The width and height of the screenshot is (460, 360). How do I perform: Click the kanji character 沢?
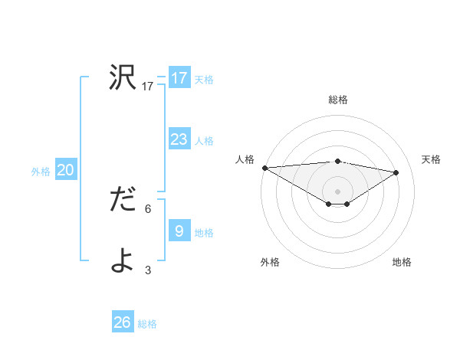(123, 77)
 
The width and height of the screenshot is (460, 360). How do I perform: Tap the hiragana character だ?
(123, 200)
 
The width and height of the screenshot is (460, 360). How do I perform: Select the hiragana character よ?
(123, 261)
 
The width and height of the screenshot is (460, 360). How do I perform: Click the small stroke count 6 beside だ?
(148, 208)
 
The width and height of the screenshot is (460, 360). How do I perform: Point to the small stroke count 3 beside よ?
(148, 270)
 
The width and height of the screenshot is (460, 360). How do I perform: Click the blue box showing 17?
(179, 78)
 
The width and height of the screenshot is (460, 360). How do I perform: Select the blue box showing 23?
(179, 139)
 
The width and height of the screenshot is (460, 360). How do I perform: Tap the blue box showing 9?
(179, 231)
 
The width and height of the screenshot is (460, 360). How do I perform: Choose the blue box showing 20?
(65, 170)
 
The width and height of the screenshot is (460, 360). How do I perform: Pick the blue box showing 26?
(122, 322)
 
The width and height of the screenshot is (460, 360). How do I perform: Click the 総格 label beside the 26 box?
(147, 324)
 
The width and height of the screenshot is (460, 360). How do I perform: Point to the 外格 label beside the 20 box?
(41, 172)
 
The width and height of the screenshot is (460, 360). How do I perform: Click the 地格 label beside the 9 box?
(204, 233)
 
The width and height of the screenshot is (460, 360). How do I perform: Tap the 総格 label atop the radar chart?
(337, 100)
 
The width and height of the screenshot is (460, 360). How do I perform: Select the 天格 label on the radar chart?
(431, 159)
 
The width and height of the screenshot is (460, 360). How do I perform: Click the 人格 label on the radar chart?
(245, 159)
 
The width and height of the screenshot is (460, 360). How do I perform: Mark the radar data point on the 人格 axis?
(264, 168)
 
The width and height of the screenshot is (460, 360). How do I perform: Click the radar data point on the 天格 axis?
(396, 172)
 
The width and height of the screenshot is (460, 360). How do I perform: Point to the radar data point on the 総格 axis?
(337, 161)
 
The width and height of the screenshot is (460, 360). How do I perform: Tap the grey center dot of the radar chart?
(337, 191)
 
